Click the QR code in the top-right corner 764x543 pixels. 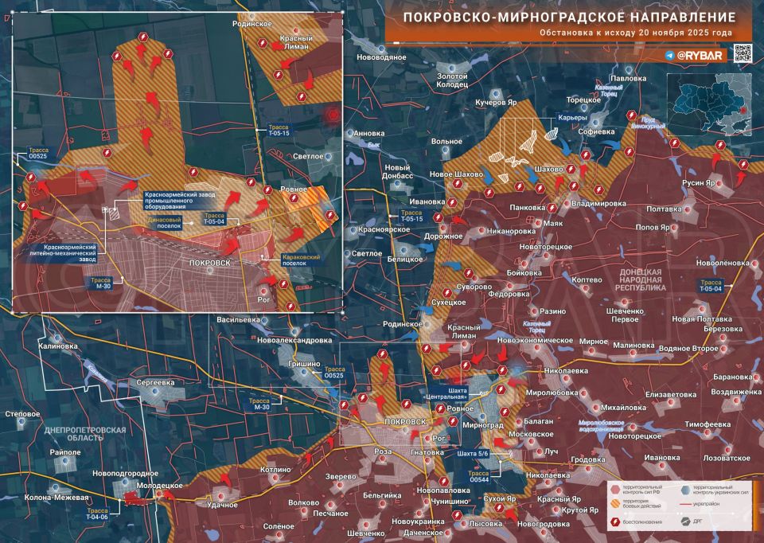pos(742,54)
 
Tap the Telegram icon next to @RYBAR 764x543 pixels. pos(670,56)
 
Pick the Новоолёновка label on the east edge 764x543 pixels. pos(722,263)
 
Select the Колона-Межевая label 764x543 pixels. pos(56,498)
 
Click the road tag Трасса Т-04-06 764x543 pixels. pos(103,514)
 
